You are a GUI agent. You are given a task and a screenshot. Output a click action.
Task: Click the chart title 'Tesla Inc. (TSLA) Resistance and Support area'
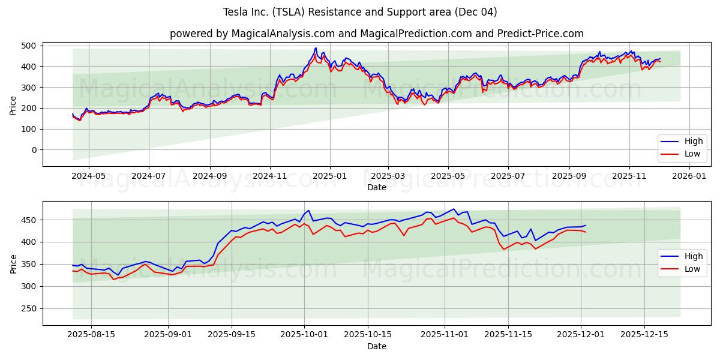(x=360, y=12)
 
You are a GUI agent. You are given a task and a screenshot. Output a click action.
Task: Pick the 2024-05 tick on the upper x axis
(x=88, y=176)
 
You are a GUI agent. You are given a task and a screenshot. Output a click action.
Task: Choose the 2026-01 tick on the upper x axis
(x=689, y=176)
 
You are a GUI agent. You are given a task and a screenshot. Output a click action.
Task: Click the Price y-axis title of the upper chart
(x=13, y=106)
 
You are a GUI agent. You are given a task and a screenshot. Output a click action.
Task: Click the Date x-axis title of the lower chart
(x=376, y=346)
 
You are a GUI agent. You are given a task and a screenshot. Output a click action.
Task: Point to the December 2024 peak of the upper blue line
(x=316, y=48)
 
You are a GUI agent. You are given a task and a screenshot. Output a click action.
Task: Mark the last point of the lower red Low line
(x=586, y=232)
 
